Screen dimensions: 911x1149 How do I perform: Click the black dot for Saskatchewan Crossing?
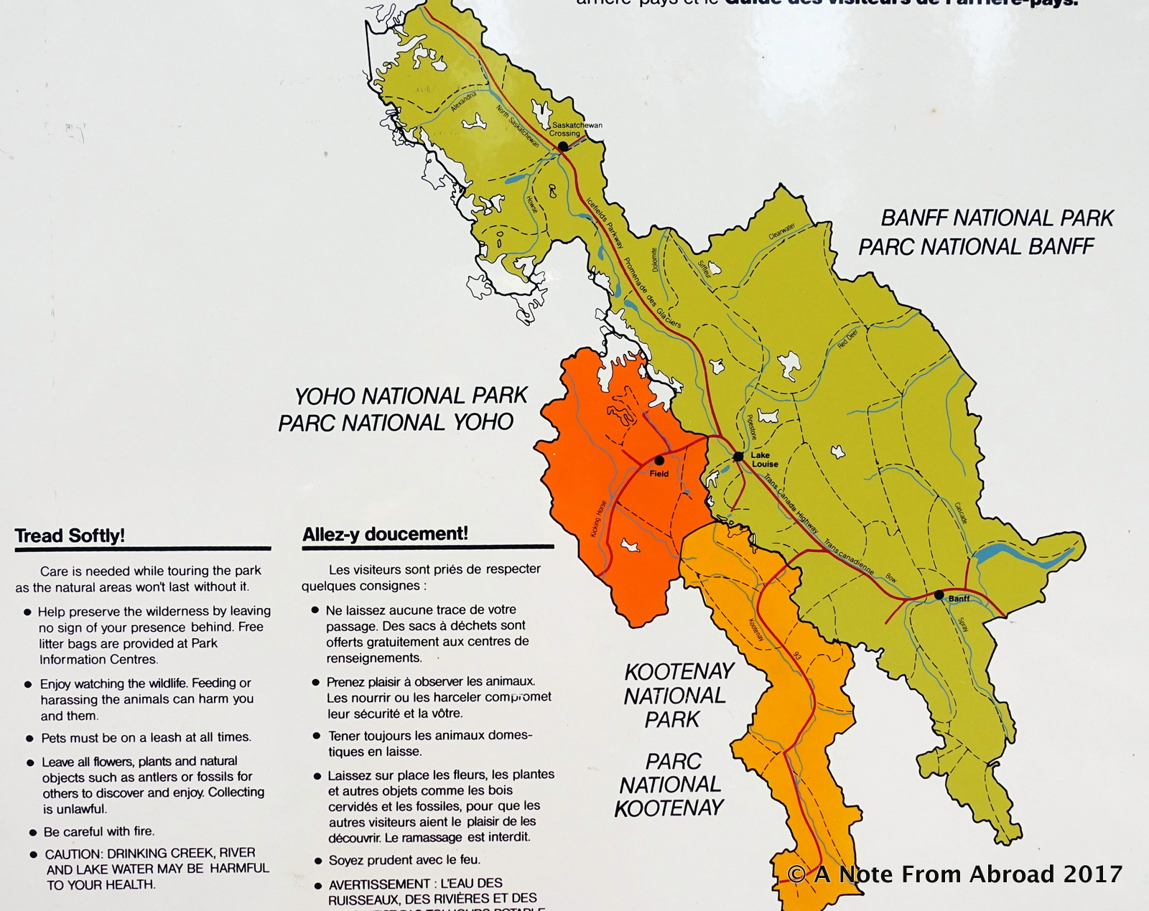(x=563, y=146)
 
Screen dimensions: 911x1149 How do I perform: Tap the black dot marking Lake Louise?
(x=738, y=457)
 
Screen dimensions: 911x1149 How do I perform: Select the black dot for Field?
(x=659, y=460)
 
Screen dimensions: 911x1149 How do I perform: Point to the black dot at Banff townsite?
(x=939, y=595)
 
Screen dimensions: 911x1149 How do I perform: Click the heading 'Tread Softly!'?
(x=70, y=536)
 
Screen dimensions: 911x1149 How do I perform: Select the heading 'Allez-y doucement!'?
(x=385, y=534)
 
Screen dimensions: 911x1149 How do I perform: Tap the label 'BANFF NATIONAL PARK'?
(x=997, y=218)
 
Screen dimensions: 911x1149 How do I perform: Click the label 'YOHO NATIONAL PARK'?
(x=411, y=396)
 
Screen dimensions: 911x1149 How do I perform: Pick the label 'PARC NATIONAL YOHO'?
(x=396, y=423)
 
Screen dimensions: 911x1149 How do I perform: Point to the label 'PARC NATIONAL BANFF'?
(x=976, y=247)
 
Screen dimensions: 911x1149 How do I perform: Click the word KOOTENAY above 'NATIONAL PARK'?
(x=679, y=672)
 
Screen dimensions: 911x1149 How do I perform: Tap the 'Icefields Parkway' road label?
(x=605, y=223)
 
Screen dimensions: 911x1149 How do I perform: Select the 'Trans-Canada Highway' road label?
(x=791, y=504)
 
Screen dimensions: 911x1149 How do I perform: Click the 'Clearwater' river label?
(x=781, y=231)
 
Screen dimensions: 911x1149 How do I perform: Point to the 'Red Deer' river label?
(x=847, y=339)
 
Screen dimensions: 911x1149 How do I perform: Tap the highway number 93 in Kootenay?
(x=797, y=655)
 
